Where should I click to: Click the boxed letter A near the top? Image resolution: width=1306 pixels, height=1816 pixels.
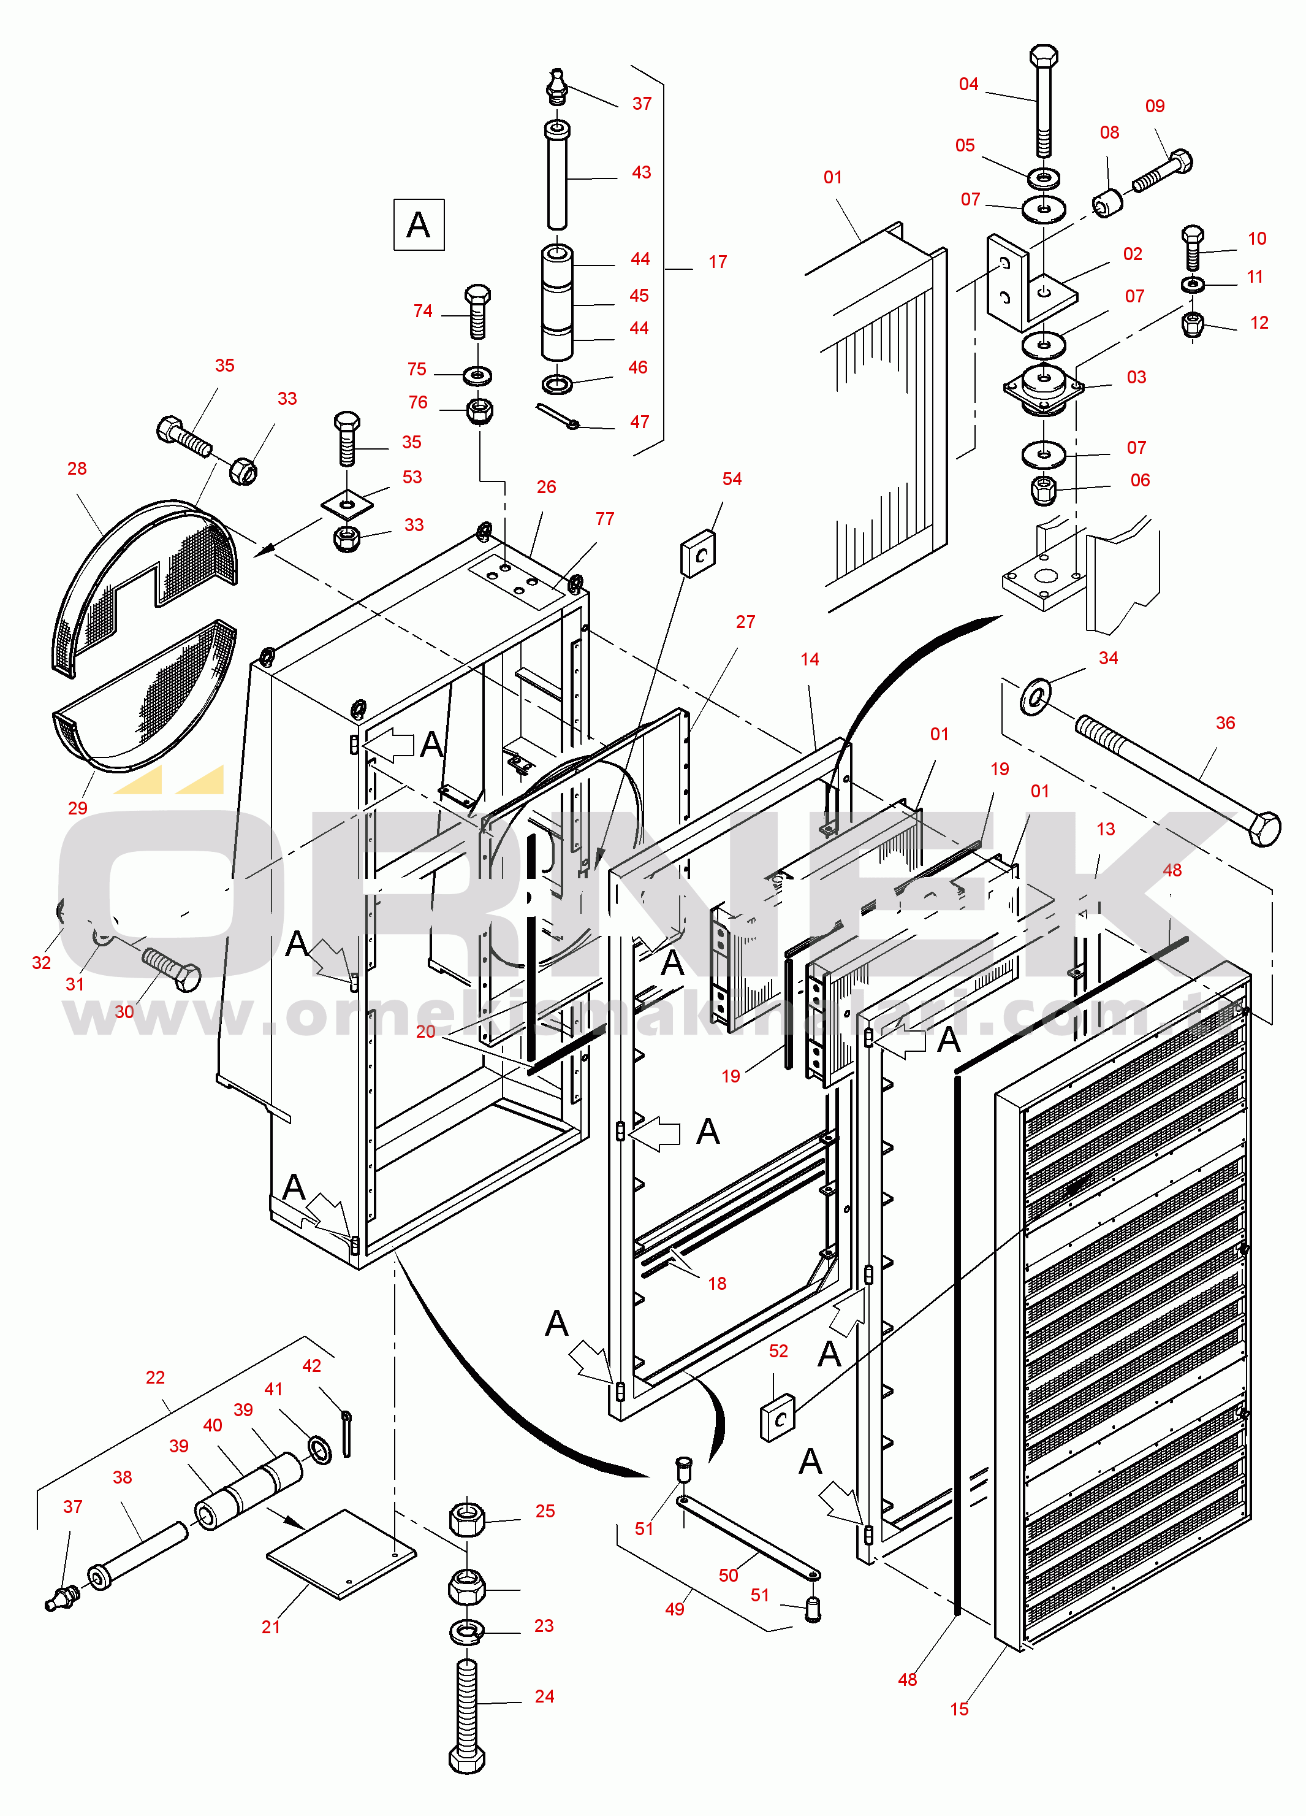tap(419, 225)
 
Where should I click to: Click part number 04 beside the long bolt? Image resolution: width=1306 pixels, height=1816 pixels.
tap(968, 84)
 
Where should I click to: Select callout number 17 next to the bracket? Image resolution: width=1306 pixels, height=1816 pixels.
tap(718, 262)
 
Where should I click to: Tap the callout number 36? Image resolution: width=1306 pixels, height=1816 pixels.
tap(1225, 723)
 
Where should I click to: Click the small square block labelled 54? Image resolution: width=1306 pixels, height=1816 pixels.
tap(698, 553)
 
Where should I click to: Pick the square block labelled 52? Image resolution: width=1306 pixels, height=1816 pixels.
tap(778, 1418)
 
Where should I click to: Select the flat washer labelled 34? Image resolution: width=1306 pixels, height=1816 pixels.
tap(1036, 696)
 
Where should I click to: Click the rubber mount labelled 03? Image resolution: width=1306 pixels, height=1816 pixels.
tap(1044, 388)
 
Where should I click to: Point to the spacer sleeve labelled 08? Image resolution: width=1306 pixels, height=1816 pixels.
tap(1108, 202)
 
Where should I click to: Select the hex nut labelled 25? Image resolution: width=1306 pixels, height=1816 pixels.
tap(468, 1519)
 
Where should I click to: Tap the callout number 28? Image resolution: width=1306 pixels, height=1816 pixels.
tap(77, 469)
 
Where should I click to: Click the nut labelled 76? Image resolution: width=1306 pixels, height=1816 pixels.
tap(479, 411)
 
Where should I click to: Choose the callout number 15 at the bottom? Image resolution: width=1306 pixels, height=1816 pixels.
tap(960, 1709)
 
